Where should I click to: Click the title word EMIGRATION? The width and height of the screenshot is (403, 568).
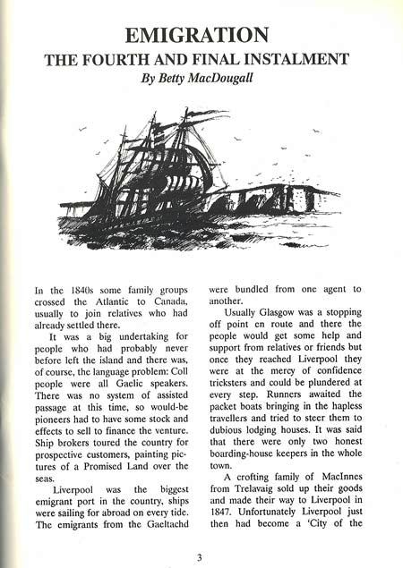pos(198,35)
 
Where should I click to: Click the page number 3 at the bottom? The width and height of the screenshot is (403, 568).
pos(199,557)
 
